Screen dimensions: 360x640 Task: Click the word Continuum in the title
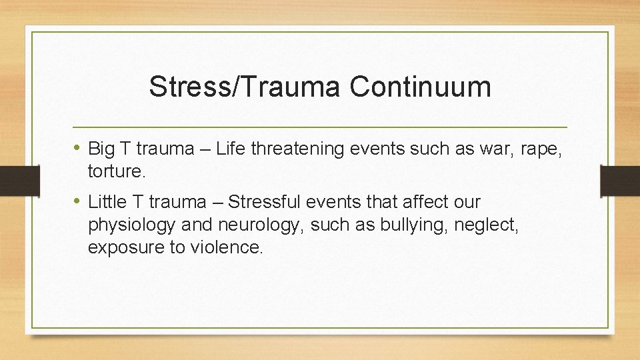coord(420,87)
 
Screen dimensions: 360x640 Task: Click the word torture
coord(115,171)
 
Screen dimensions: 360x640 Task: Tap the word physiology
coord(129,225)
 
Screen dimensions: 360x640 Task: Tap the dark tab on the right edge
coord(620,180)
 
